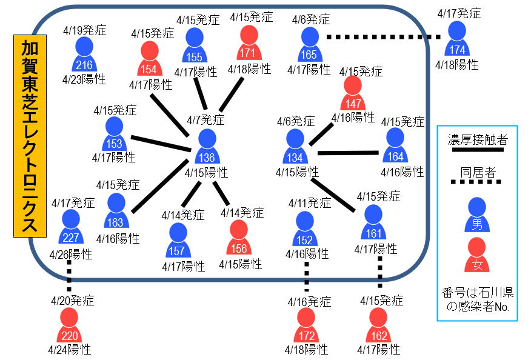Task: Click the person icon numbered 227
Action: [70, 227]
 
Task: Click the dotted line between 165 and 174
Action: [383, 37]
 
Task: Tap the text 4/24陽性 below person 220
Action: [69, 350]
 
